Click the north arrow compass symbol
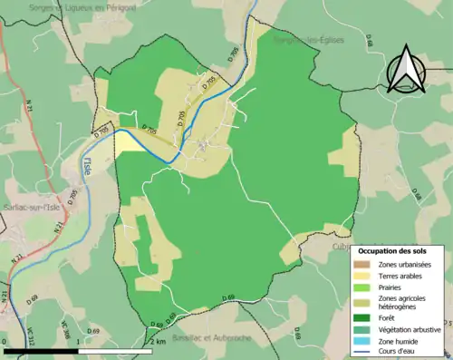(407, 71)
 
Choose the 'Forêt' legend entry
(387, 318)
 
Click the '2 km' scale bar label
(159, 341)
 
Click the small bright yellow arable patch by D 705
(127, 143)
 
